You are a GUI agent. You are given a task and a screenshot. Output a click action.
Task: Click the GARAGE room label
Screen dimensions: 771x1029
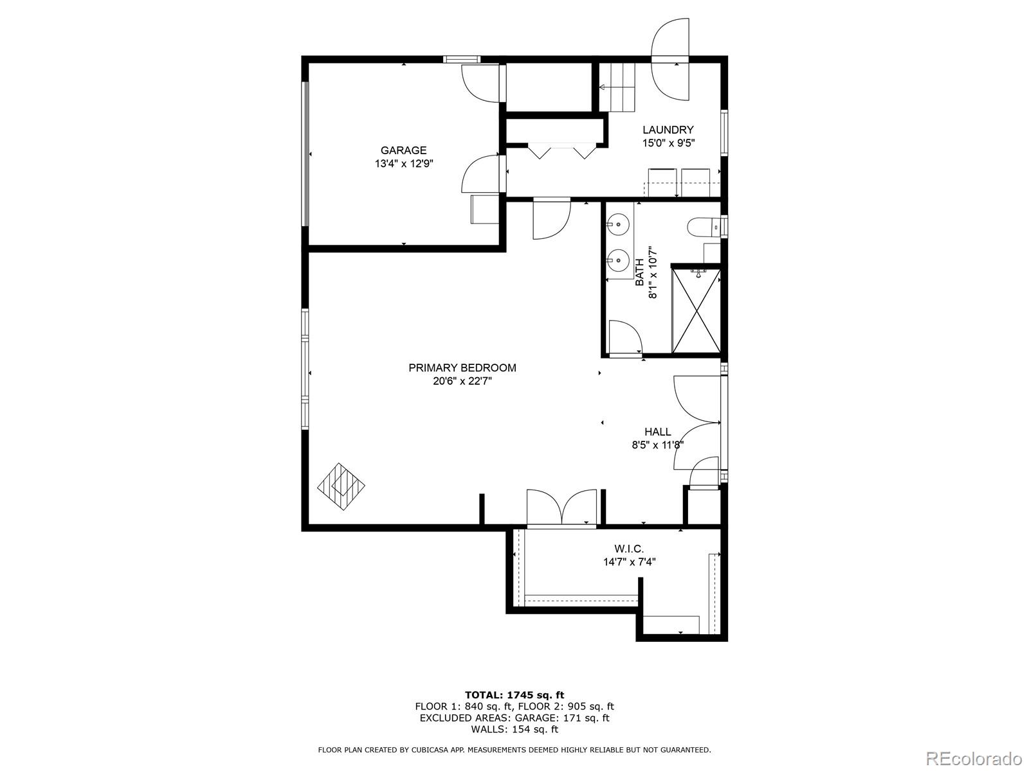coord(403,150)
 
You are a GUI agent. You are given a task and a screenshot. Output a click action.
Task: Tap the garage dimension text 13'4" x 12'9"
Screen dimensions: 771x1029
coord(404,164)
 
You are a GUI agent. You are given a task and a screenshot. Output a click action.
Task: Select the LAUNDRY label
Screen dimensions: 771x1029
coord(668,130)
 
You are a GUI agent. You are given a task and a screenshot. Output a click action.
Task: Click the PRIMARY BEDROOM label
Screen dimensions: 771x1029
coord(462,368)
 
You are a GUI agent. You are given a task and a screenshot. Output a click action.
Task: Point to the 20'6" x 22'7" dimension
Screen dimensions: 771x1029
coord(462,381)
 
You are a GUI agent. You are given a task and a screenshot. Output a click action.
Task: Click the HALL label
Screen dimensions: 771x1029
coord(657,432)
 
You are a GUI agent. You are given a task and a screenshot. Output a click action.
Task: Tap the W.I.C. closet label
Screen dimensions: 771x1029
coord(629,549)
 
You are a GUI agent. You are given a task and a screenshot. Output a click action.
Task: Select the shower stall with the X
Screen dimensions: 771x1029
coord(696,311)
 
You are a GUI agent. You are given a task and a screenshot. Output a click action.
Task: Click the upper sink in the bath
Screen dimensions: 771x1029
coord(617,225)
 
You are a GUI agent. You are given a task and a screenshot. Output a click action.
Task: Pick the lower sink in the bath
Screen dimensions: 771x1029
coord(617,260)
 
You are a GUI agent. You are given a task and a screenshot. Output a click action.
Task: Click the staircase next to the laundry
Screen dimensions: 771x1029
coord(617,87)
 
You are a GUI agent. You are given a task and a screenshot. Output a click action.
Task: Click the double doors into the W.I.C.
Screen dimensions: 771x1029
coord(562,509)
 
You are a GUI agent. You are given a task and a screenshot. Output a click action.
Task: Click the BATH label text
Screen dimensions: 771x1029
coord(639,272)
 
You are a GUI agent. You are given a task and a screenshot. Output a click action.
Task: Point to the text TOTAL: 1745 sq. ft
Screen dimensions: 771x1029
coord(514,695)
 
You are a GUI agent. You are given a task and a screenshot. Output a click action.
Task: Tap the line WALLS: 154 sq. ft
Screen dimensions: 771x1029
coord(514,729)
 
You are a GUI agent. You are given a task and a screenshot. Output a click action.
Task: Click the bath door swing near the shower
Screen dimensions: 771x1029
coord(624,337)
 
